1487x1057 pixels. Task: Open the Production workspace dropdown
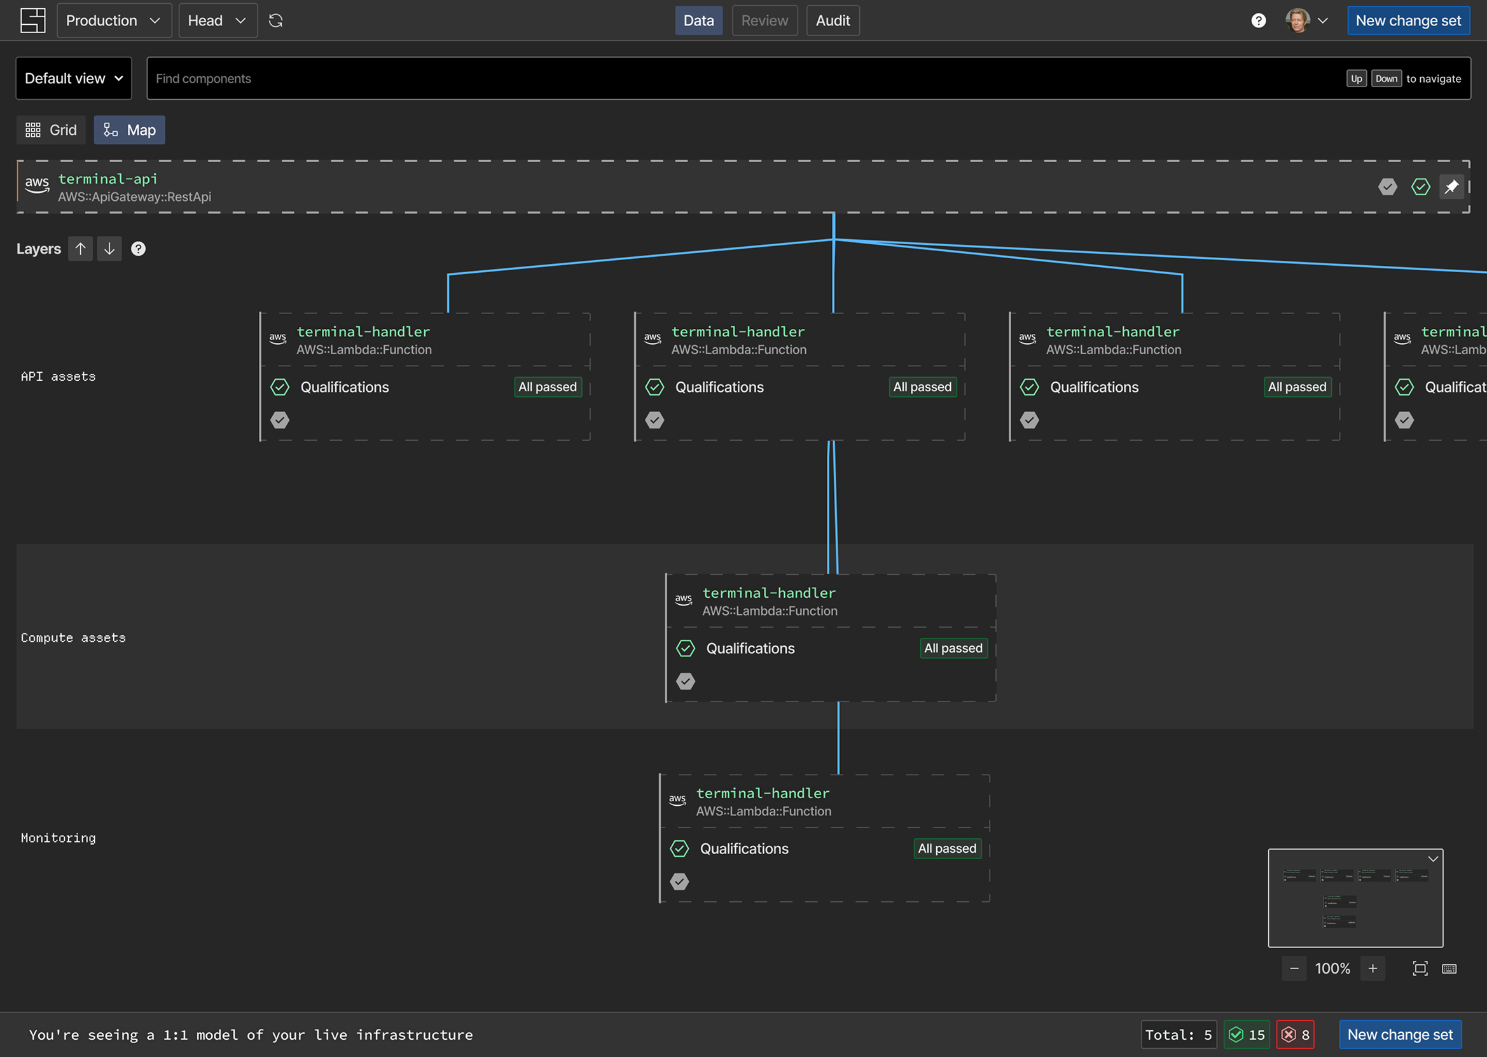tap(114, 21)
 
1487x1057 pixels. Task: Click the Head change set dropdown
tap(218, 21)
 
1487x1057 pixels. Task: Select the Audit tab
tap(833, 21)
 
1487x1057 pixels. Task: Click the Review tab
tap(764, 21)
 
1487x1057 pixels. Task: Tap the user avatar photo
tap(1297, 21)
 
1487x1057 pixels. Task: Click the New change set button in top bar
tap(1408, 21)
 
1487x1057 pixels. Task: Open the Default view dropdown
tap(74, 78)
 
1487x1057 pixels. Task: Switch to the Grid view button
tap(52, 130)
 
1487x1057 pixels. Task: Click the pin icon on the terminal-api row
tap(1451, 187)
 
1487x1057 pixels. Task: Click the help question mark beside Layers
tap(138, 249)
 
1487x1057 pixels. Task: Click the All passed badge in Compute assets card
tap(953, 648)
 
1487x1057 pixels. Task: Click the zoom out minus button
tap(1294, 969)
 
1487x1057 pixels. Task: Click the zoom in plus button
tap(1373, 969)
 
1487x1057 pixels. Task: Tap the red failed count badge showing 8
tap(1295, 1035)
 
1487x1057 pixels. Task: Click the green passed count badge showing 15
tap(1247, 1035)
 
